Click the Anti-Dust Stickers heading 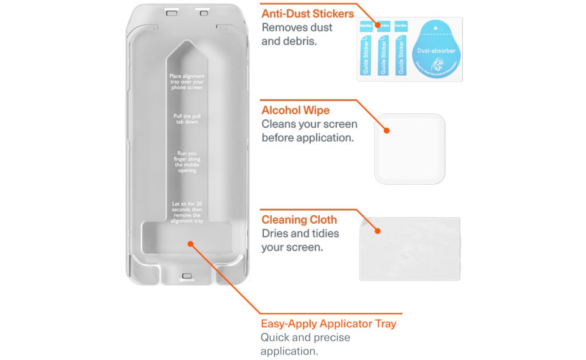point(307,14)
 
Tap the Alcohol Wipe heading point(295,110)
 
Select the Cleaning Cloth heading point(299,220)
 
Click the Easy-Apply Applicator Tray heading point(328,323)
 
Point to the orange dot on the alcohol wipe point(386,130)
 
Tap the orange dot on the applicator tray point(191,244)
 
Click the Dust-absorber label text point(436,51)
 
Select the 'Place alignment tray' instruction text point(187,82)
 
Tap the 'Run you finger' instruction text point(187,162)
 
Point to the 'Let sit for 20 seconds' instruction point(187,212)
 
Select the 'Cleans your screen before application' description point(309,131)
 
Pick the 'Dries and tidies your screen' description point(300,240)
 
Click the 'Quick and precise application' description point(305,344)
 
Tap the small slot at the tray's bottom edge point(187,276)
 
